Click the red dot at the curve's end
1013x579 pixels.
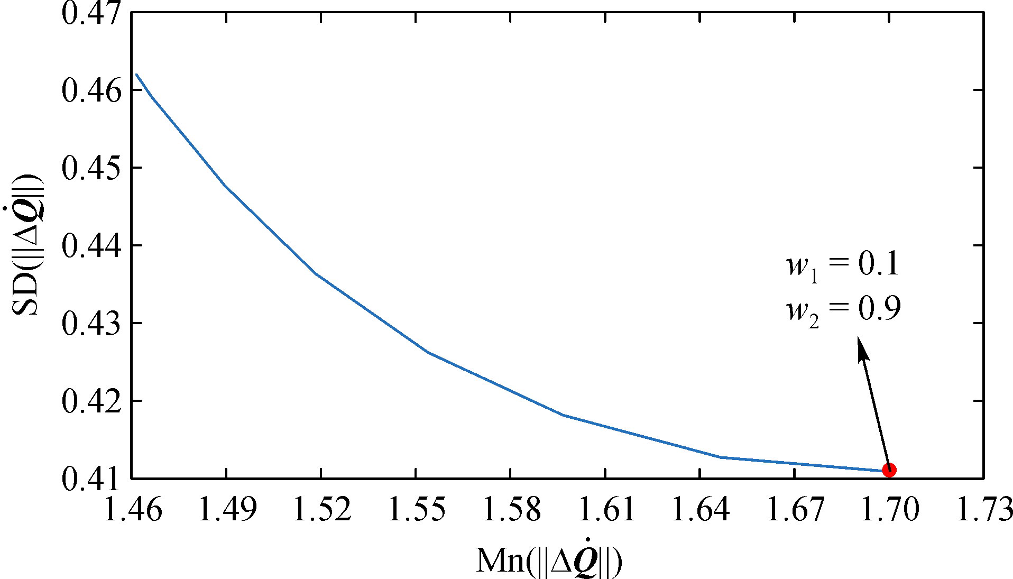(x=889, y=470)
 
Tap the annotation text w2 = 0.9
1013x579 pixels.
(x=843, y=310)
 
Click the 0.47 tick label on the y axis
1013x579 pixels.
(x=91, y=12)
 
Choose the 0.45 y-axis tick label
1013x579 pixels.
(x=91, y=168)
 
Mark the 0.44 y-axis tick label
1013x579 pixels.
(x=91, y=245)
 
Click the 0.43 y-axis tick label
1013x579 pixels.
(x=91, y=323)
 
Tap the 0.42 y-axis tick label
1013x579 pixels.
(x=91, y=401)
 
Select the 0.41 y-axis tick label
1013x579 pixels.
(x=91, y=479)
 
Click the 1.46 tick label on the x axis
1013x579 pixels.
(x=132, y=509)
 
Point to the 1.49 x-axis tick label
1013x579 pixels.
(x=227, y=509)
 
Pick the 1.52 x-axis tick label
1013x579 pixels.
(x=321, y=509)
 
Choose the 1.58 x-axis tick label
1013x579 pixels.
(x=511, y=509)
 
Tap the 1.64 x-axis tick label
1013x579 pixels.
(x=700, y=509)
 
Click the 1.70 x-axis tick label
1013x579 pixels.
(x=889, y=509)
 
